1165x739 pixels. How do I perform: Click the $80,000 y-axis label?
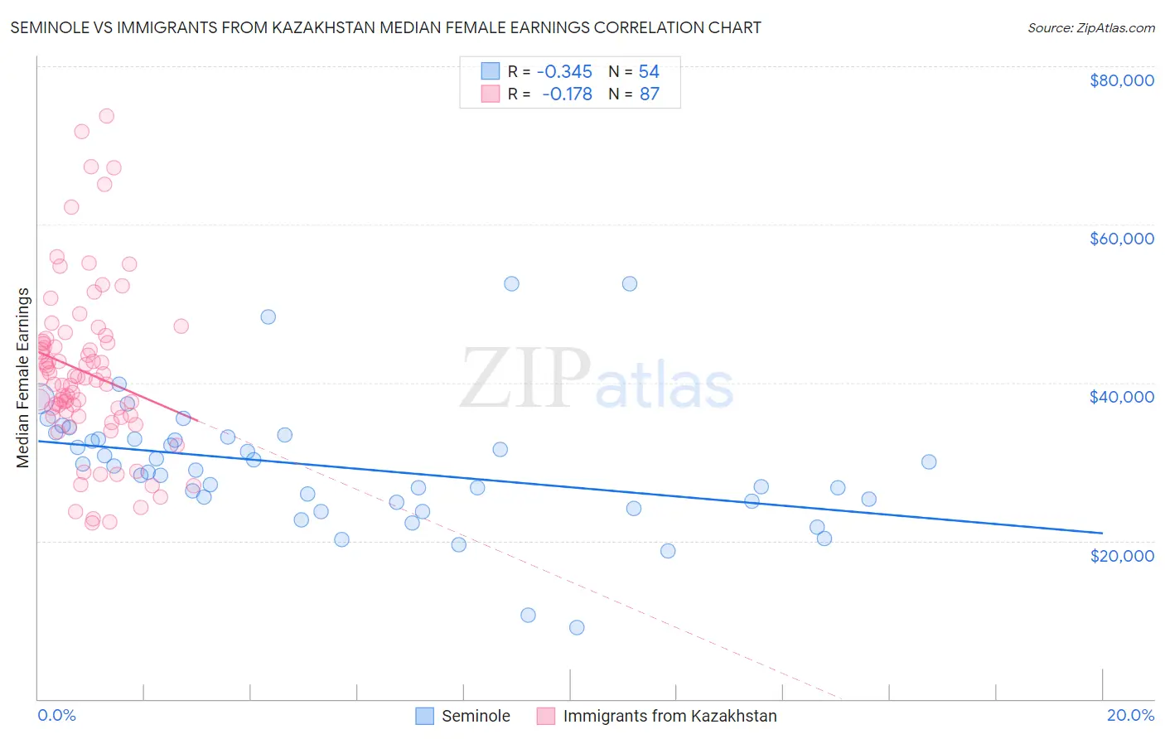1121,80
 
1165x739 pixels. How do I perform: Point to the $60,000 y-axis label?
1121,239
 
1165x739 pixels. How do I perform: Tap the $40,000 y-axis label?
1121,397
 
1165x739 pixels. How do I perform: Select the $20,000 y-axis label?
1121,555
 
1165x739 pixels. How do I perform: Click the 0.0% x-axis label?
56,715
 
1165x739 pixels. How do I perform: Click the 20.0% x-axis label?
1130,715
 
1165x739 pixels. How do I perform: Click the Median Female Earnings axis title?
23,378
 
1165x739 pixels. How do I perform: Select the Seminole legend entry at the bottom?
476,716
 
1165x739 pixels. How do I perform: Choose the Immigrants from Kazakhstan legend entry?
670,716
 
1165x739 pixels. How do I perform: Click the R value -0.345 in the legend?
564,71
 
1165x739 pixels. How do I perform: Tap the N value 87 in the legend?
650,94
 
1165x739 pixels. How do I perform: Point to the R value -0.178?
567,94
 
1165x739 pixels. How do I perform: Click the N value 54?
649,71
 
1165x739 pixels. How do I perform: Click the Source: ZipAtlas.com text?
1090,27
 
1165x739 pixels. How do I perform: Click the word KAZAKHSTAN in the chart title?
404,27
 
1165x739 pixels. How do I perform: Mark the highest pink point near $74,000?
106,116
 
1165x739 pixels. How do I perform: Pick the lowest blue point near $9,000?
577,627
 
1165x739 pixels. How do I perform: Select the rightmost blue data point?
929,461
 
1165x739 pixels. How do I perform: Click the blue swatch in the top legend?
491,71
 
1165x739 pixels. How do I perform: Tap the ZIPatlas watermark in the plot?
597,379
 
